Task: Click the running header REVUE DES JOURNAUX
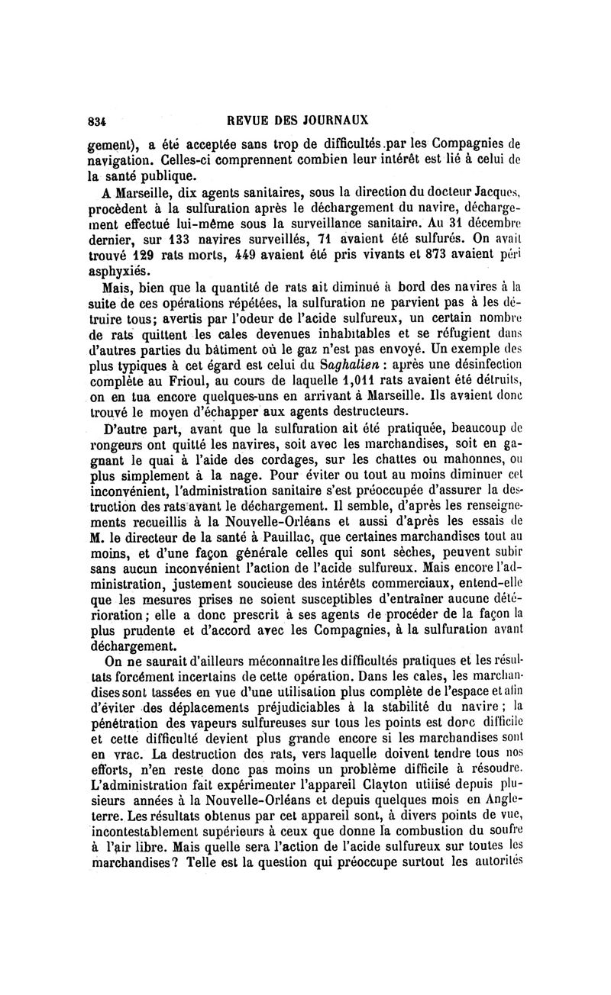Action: [x=303, y=120]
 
